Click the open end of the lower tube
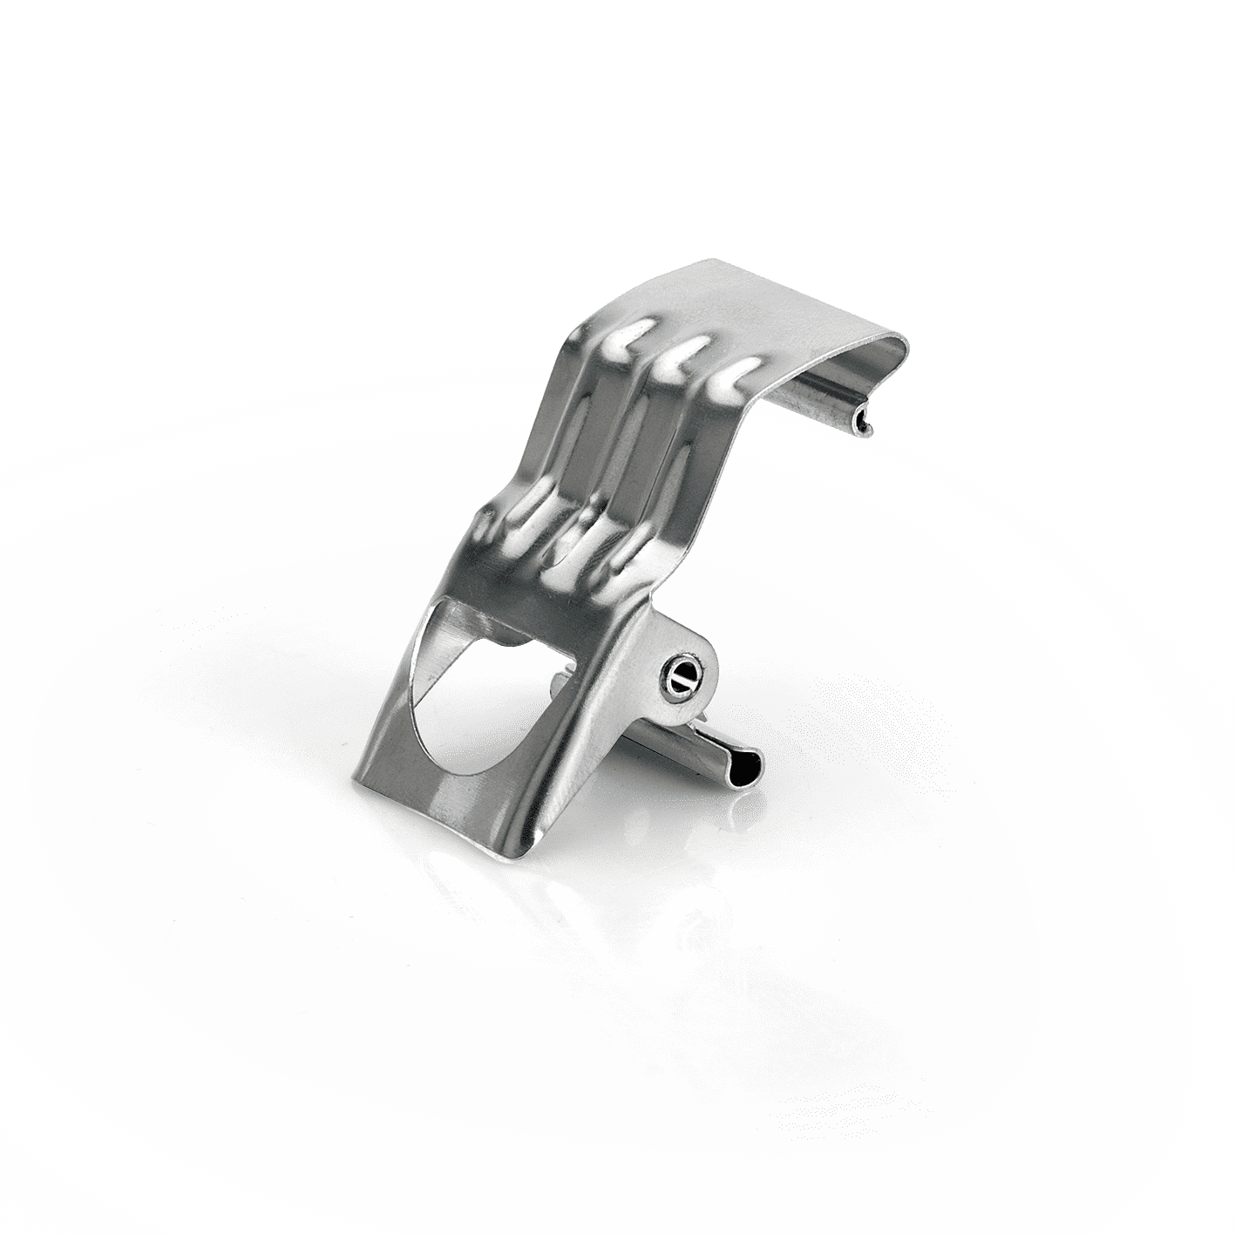750,768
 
